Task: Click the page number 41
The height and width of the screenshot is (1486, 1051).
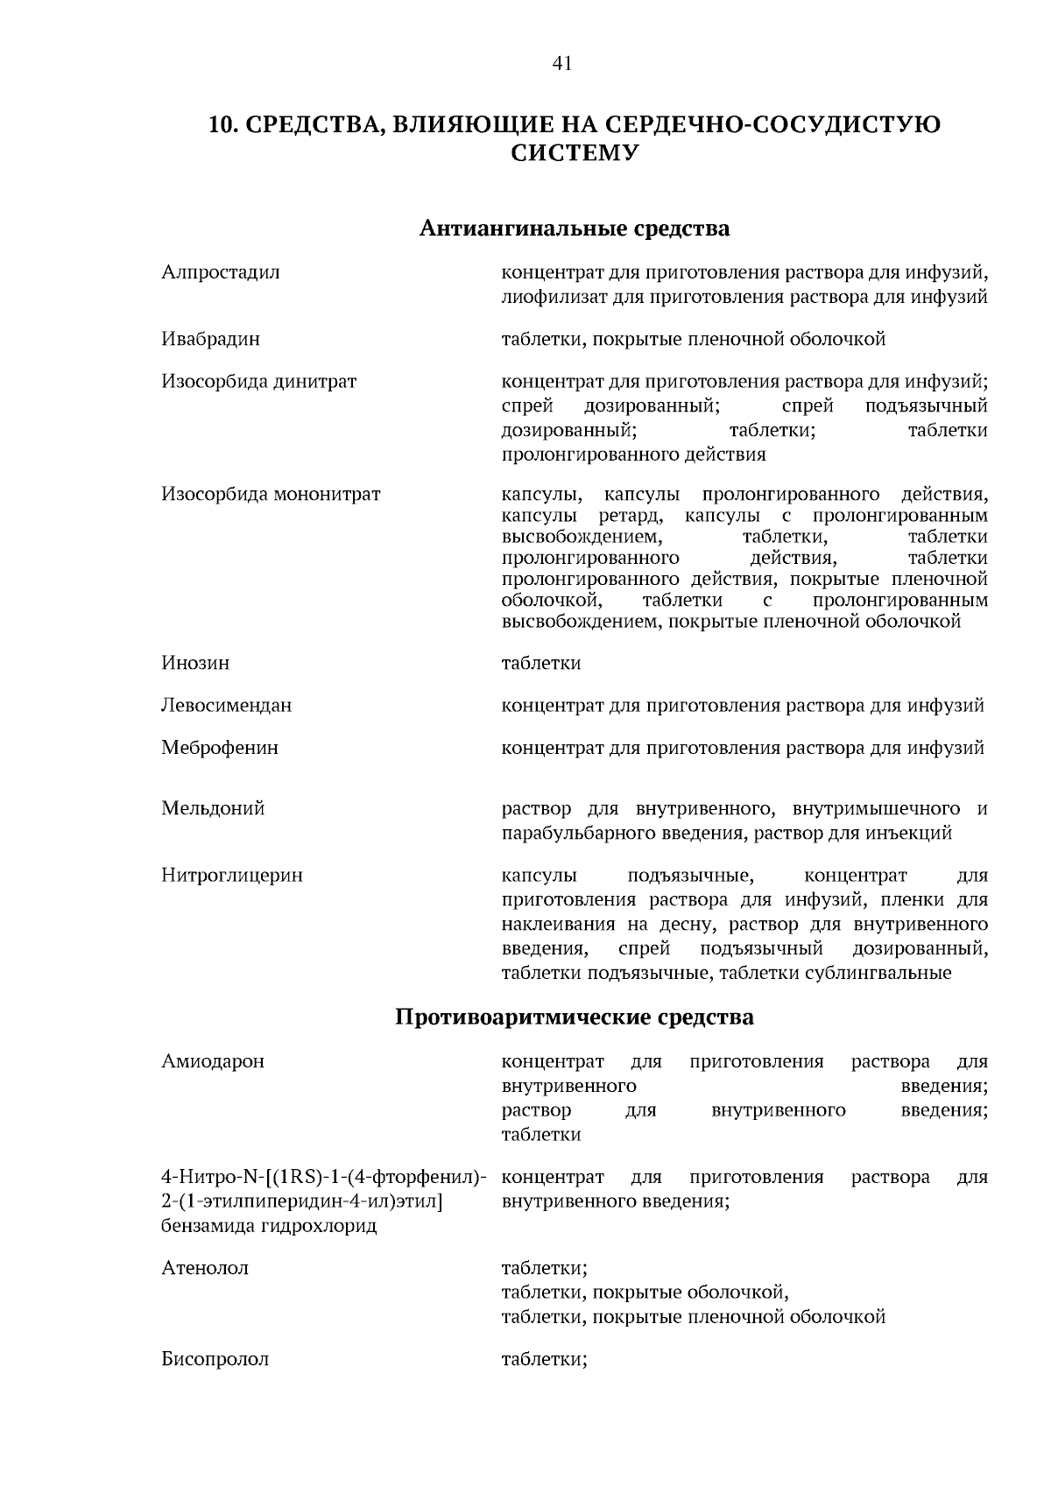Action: click(562, 62)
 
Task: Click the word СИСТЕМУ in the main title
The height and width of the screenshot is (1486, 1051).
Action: click(574, 154)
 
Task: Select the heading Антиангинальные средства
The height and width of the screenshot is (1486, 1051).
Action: click(574, 229)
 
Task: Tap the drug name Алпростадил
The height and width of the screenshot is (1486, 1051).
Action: click(221, 272)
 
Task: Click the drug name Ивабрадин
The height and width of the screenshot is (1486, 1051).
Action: click(210, 339)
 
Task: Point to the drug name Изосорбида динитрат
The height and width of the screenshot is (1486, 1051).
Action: click(258, 382)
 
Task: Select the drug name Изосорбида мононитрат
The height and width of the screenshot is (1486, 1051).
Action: click(271, 494)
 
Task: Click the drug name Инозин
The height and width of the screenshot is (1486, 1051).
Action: click(195, 663)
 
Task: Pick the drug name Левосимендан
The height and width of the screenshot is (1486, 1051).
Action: click(226, 705)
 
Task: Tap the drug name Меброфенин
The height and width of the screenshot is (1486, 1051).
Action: click(220, 748)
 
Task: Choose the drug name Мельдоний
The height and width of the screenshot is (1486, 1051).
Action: click(213, 808)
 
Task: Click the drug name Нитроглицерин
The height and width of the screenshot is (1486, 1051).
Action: click(232, 875)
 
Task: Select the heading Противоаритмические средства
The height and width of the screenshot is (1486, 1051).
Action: click(574, 1018)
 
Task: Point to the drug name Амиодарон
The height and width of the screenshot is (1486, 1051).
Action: click(213, 1061)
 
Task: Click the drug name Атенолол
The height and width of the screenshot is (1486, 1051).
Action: click(205, 1268)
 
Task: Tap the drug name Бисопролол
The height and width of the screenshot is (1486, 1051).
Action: click(215, 1359)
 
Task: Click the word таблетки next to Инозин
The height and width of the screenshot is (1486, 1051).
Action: click(540, 663)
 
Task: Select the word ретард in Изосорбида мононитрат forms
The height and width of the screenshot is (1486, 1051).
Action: click(629, 516)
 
